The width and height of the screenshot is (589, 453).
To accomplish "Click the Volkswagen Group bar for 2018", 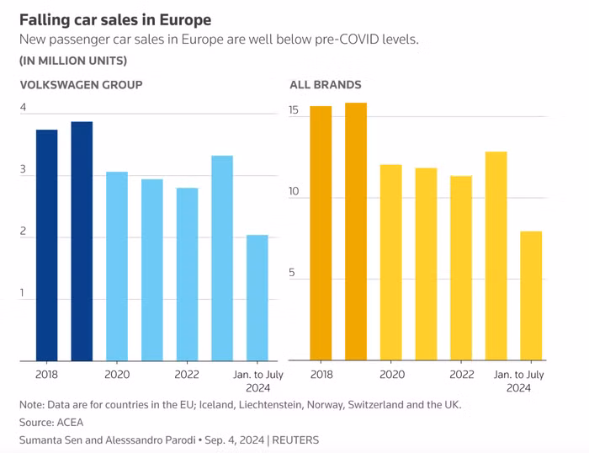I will click(x=47, y=245).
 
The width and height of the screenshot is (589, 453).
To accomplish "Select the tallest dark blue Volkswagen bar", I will click(x=82, y=241).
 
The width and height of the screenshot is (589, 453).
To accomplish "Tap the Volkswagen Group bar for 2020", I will click(x=117, y=266).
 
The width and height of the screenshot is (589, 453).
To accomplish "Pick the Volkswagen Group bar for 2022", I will click(x=187, y=274).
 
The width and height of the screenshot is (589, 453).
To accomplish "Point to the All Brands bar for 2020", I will click(x=390, y=262).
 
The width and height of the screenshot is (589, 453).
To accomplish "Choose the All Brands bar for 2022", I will click(x=461, y=268).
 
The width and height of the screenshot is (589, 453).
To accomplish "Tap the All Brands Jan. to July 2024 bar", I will click(x=531, y=296).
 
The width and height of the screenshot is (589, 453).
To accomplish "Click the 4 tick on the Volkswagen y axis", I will click(x=24, y=108).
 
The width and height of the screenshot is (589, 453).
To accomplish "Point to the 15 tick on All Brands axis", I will click(x=294, y=110).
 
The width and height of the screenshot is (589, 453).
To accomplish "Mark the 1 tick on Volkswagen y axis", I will click(x=24, y=293).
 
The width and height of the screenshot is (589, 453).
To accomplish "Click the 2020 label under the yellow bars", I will click(x=391, y=375).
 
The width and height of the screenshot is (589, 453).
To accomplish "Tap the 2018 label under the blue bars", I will click(x=47, y=375).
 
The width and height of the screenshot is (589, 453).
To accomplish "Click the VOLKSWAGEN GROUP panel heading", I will click(x=81, y=84).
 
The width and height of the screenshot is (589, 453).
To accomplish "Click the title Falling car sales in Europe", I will click(x=115, y=19).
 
